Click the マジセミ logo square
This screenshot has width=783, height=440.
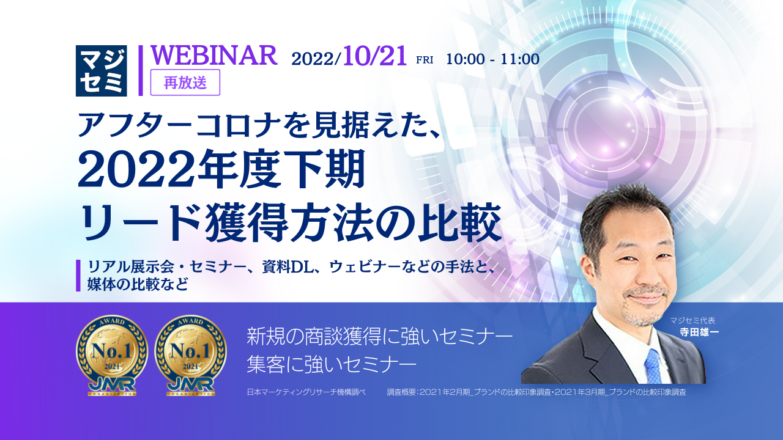(x=102, y=71)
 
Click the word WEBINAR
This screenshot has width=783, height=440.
(x=214, y=56)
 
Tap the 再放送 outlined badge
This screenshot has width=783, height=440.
(x=185, y=82)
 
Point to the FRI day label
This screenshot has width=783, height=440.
(x=425, y=60)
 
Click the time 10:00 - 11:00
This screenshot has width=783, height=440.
(x=492, y=59)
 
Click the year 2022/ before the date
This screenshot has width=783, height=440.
(x=316, y=59)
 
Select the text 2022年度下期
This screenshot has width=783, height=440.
(x=221, y=170)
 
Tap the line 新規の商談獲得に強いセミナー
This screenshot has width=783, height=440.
(x=379, y=335)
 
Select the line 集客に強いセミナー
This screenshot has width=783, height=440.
(x=332, y=364)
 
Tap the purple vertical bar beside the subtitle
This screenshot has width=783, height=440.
(x=78, y=276)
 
